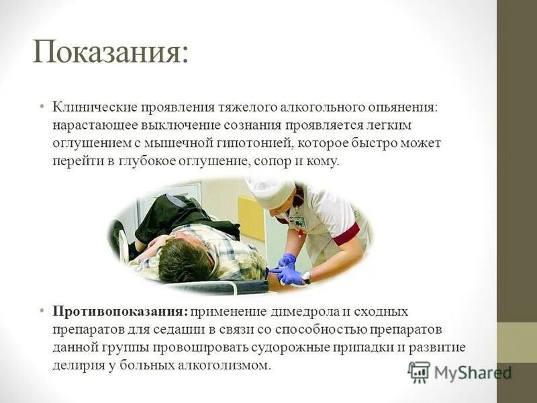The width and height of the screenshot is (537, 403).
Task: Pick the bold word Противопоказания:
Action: [x=121, y=312]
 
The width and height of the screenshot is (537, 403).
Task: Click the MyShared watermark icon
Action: [x=419, y=371]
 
